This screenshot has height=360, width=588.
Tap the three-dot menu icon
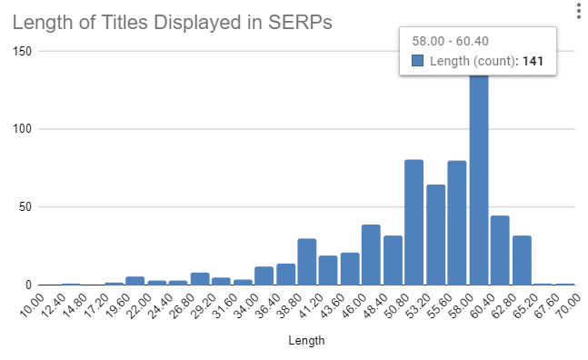(578, 11)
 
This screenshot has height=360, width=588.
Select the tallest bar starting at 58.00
(479, 182)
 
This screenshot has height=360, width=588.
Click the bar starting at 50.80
(414, 223)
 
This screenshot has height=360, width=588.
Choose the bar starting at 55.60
(457, 224)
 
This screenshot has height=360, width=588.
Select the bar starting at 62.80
(522, 260)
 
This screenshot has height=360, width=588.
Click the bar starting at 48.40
(393, 260)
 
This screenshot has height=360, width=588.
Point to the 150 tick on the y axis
(21, 52)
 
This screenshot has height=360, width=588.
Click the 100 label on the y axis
(21, 129)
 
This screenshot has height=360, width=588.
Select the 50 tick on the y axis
(25, 206)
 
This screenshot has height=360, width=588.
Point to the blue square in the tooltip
(418, 61)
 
